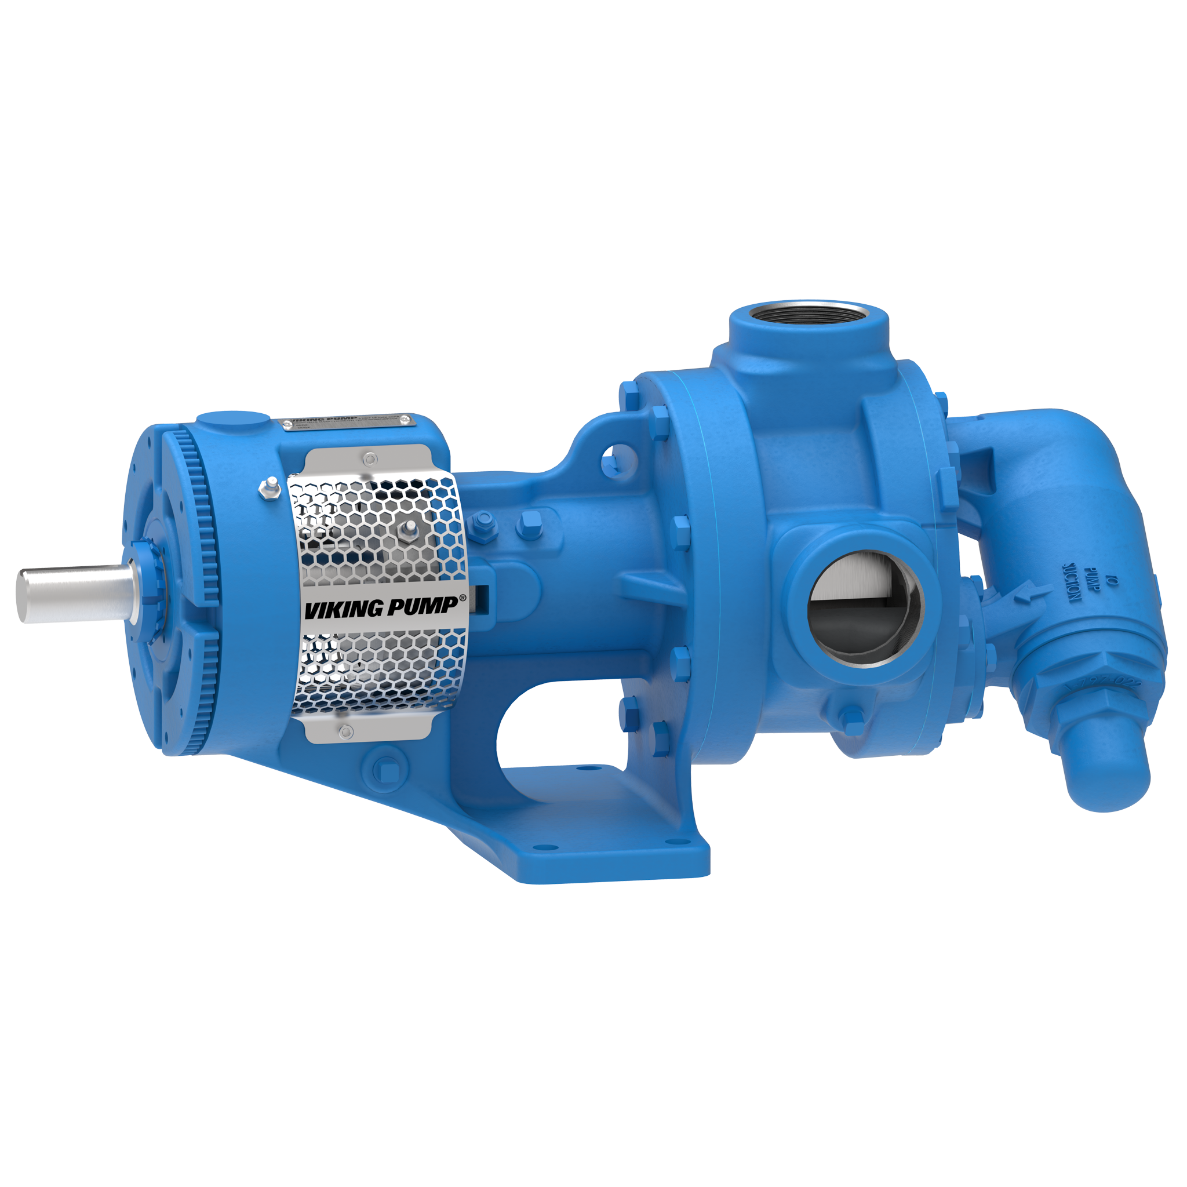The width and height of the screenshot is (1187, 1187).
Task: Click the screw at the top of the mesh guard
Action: tap(369, 458)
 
